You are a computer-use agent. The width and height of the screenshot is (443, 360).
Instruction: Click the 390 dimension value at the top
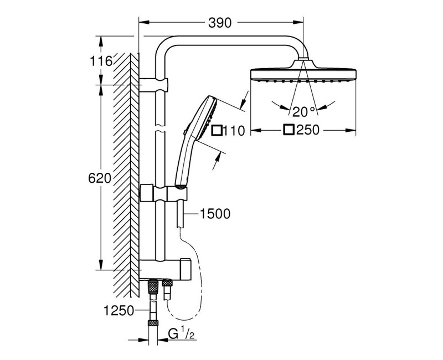[220, 22]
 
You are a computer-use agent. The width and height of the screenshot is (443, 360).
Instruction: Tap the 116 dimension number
[102, 60]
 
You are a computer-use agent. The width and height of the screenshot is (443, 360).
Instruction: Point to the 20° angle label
[304, 111]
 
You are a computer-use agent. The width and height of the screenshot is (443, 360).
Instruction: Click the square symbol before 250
[288, 131]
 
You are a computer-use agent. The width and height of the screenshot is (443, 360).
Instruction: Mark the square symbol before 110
[217, 131]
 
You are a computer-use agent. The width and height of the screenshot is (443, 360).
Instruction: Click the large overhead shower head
[303, 74]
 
